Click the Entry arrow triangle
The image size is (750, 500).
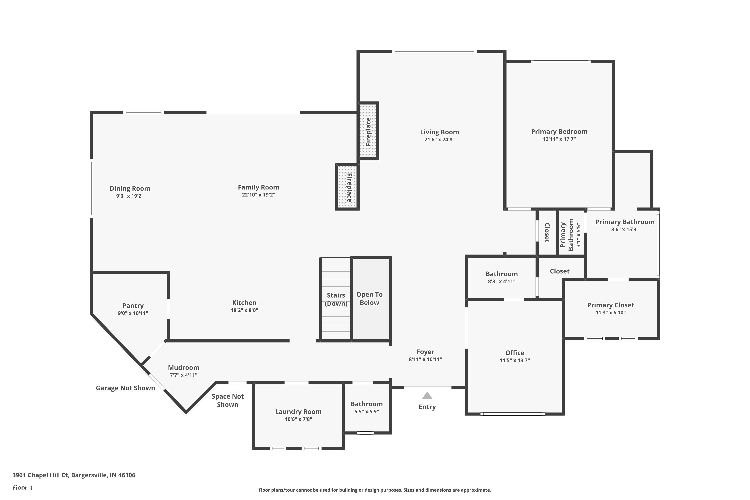point(427,396)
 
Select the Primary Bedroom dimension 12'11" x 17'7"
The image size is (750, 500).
point(559,139)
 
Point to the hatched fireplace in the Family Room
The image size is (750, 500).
point(347,187)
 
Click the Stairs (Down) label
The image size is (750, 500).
point(336,299)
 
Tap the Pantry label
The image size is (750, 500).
point(133,306)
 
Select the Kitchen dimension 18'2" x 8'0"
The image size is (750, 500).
point(244,310)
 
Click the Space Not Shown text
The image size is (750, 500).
point(228,400)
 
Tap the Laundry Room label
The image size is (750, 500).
point(298,412)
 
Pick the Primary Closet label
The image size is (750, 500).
point(610,305)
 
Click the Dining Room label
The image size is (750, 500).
point(130,188)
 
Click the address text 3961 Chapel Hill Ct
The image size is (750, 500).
point(74,475)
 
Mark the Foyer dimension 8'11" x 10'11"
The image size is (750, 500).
point(425,359)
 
